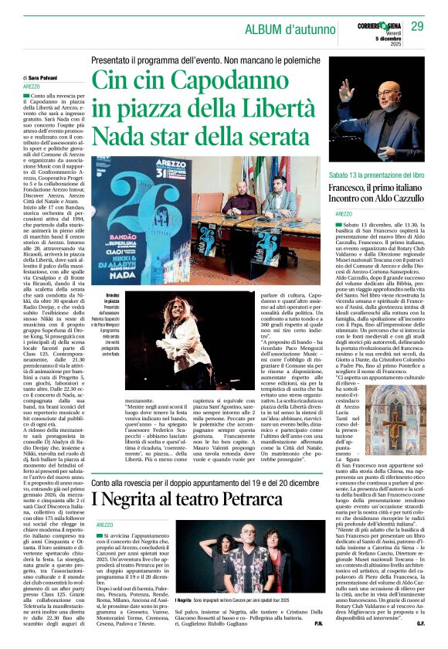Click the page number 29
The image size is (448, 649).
point(418,27)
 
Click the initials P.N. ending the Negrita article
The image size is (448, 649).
point(317,642)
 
